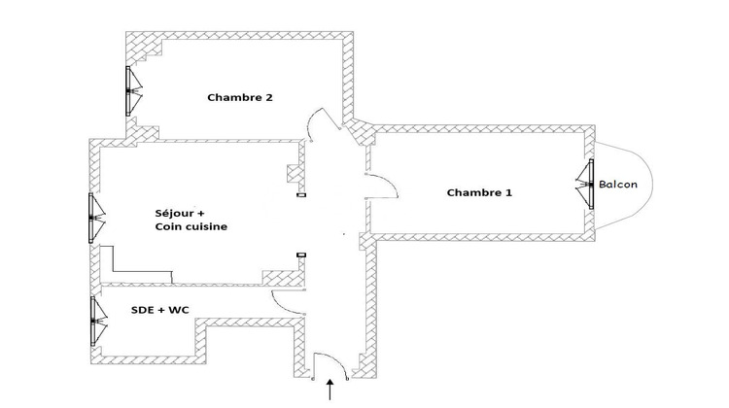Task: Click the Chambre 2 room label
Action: click(239, 97)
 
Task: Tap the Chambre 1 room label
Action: click(479, 192)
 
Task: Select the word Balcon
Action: click(618, 185)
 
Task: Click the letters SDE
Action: click(145, 310)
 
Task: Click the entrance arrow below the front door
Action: click(333, 390)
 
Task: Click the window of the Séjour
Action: click(92, 220)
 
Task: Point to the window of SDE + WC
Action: click(93, 321)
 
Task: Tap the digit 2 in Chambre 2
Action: click(268, 97)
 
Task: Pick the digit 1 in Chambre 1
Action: click(508, 192)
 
